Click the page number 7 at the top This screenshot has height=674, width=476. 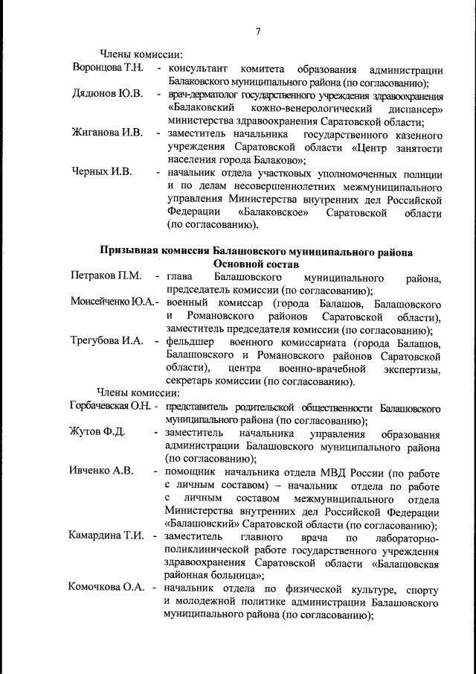click(258, 31)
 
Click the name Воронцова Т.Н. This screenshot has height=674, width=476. click(107, 69)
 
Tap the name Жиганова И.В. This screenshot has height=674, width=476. click(106, 134)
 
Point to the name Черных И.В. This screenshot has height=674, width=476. click(101, 172)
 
